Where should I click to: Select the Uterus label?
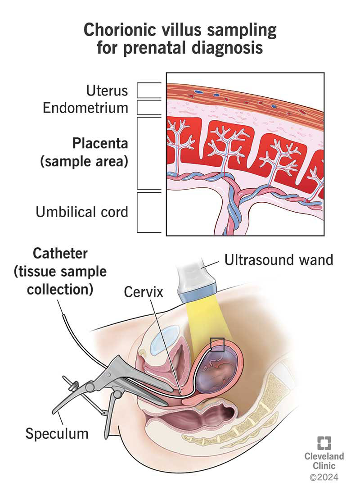[107, 91]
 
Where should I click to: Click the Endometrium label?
[85, 108]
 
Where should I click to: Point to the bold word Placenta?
[100, 144]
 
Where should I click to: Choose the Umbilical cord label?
[82, 212]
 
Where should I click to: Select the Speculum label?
[57, 434]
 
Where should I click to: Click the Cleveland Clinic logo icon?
[324, 442]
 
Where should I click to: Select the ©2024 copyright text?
[324, 476]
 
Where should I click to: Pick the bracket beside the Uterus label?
[148, 91]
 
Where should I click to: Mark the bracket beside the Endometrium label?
[148, 108]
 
